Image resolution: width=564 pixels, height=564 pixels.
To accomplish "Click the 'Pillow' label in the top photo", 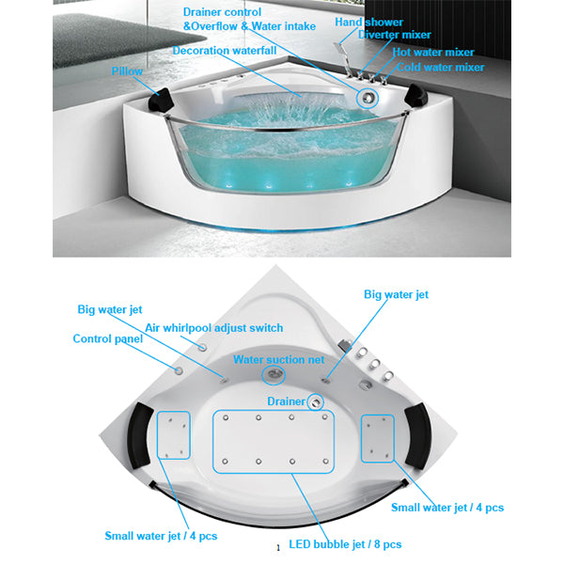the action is [x=127, y=71].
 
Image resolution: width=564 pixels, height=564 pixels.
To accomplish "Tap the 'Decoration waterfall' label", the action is [x=225, y=51].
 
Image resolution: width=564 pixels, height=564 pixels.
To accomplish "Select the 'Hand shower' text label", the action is [x=369, y=23].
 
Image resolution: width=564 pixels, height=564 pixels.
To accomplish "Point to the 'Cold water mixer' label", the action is [x=441, y=68].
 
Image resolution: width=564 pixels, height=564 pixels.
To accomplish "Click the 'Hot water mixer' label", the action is [x=433, y=52].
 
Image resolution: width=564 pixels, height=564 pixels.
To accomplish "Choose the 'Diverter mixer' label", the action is [x=395, y=35].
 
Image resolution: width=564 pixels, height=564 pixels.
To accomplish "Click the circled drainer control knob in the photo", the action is [x=368, y=98].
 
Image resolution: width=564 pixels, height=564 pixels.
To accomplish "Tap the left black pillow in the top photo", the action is [x=162, y=100].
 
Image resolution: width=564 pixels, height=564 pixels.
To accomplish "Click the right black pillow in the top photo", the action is [x=415, y=95].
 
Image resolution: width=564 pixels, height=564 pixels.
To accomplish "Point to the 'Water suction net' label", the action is [x=279, y=359].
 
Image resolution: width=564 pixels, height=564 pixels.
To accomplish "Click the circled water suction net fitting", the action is [x=274, y=374].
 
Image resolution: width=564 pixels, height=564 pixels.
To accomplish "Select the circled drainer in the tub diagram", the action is [x=316, y=402].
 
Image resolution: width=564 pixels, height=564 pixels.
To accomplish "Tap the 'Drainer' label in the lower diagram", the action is [x=287, y=401].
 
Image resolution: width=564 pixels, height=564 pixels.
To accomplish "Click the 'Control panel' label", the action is [x=108, y=338].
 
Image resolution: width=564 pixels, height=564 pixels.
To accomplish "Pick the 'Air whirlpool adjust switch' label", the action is [x=214, y=328].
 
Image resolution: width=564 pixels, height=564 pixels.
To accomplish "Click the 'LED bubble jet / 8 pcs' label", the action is [x=345, y=544].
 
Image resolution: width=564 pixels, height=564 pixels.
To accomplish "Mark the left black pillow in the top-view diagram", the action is [x=139, y=435].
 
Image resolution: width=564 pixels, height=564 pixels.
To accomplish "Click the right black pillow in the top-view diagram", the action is [x=418, y=436].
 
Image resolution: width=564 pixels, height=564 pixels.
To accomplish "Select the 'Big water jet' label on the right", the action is [x=396, y=294].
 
